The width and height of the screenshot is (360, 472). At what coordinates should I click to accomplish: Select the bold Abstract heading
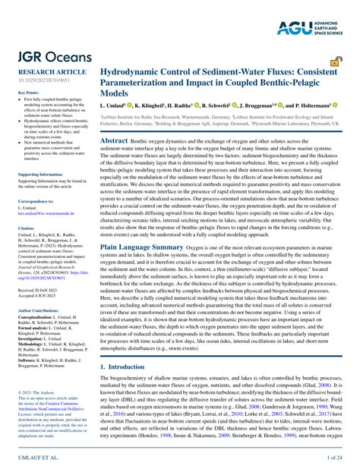click(115, 141)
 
